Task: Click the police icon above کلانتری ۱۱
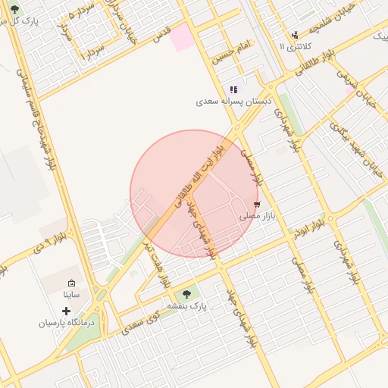click(x=295, y=35)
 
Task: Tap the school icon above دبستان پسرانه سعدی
click(x=233, y=89)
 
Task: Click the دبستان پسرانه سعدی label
click(x=227, y=101)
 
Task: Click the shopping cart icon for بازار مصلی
click(x=258, y=204)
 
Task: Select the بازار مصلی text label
click(x=257, y=216)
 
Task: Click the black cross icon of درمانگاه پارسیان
click(x=67, y=311)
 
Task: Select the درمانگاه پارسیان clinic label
click(x=68, y=322)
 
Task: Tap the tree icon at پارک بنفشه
click(x=186, y=294)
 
